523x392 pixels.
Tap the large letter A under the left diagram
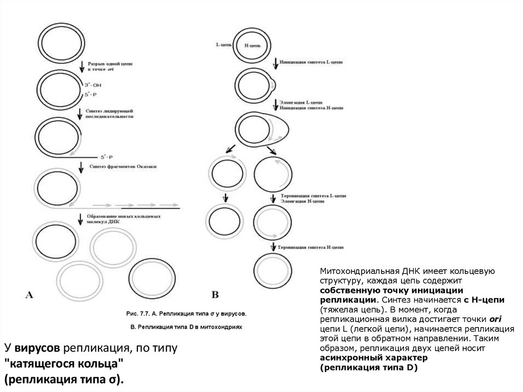pyautogui.click(x=30, y=294)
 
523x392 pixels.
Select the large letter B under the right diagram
pyautogui.click(x=215, y=294)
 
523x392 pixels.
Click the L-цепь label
pyautogui.click(x=223, y=45)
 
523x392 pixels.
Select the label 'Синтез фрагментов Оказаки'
pyautogui.click(x=123, y=167)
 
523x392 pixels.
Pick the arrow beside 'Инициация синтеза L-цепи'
pyautogui.click(x=276, y=63)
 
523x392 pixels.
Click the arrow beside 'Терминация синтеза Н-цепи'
pyautogui.click(x=273, y=247)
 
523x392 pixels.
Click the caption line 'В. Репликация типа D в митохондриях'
pyautogui.click(x=185, y=326)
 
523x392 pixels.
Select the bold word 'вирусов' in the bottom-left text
pyautogui.click(x=39, y=349)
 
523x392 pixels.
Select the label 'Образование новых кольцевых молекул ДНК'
pyautogui.click(x=124, y=219)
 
